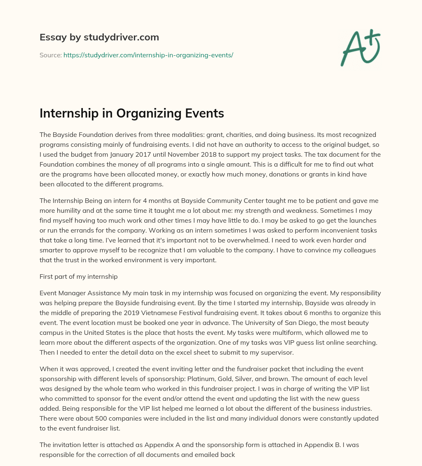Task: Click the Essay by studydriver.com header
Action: click(x=99, y=38)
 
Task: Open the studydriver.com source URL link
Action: click(x=148, y=55)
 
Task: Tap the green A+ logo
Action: click(x=360, y=47)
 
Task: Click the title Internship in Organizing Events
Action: click(x=131, y=113)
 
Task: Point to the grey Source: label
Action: click(x=50, y=55)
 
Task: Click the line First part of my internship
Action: click(x=78, y=277)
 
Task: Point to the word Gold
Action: click(x=277, y=378)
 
